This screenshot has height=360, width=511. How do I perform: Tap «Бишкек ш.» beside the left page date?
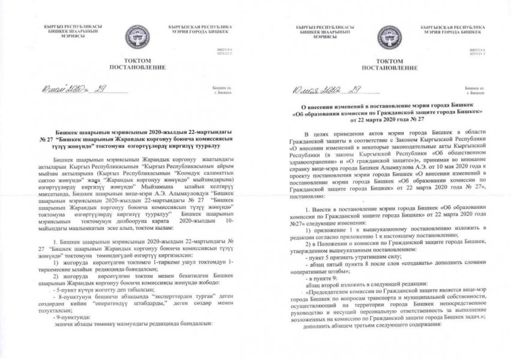point(222,88)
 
